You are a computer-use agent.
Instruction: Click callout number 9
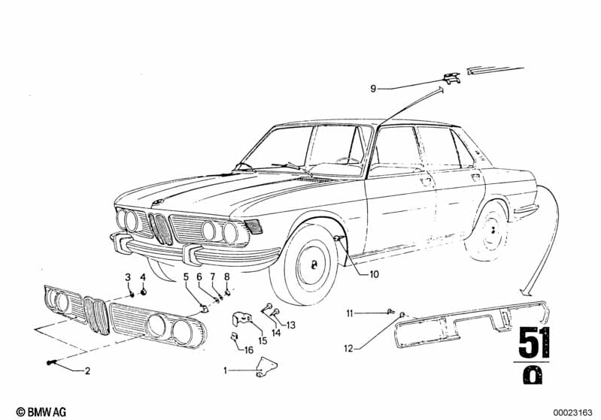[x=372, y=89]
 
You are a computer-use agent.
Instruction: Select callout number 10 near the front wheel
[x=374, y=274]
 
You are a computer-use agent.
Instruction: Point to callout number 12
[x=348, y=347]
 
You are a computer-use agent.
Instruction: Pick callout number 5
[x=186, y=277]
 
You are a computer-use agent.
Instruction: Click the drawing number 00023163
[x=572, y=411]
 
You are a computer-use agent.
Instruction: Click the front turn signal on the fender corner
[x=253, y=225]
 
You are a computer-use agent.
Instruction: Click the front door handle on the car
[x=426, y=181]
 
